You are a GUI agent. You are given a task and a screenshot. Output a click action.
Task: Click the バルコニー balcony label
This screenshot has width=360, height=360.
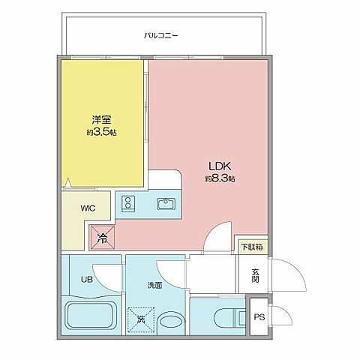[160, 34]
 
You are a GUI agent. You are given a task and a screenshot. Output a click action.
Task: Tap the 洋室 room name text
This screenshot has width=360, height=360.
[102, 118]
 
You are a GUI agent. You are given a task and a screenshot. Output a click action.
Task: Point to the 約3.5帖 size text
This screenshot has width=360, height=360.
[101, 131]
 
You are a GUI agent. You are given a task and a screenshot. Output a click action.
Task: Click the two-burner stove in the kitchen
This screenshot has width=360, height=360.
[128, 203]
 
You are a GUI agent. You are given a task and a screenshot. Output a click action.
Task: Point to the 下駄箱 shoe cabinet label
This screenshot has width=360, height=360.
[251, 246]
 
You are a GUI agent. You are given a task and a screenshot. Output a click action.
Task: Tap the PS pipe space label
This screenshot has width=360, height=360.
[259, 318]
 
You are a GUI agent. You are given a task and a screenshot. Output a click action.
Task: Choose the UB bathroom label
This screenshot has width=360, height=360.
[76, 282]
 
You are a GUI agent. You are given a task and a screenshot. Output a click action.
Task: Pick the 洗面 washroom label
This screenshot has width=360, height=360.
[154, 286]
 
